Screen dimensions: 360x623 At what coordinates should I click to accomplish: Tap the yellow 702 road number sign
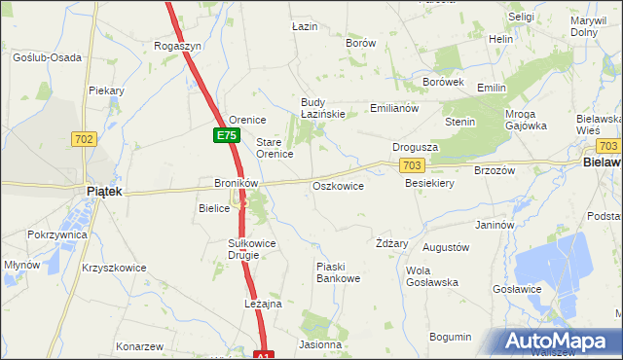click(83, 140)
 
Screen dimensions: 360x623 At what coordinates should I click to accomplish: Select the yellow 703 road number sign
click(412, 166)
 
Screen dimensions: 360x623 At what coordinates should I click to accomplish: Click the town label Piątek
click(104, 192)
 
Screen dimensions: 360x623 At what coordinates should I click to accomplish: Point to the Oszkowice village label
click(338, 186)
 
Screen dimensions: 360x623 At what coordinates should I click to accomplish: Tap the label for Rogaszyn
click(178, 46)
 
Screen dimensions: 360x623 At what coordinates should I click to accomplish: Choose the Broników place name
click(235, 183)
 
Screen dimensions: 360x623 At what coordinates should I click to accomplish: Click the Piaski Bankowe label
click(338, 272)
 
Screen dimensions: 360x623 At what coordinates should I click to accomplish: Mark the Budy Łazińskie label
click(323, 109)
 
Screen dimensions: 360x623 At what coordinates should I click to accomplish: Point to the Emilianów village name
click(393, 109)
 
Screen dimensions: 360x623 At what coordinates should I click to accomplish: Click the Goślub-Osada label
click(47, 57)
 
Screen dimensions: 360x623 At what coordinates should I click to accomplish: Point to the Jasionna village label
click(320, 344)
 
